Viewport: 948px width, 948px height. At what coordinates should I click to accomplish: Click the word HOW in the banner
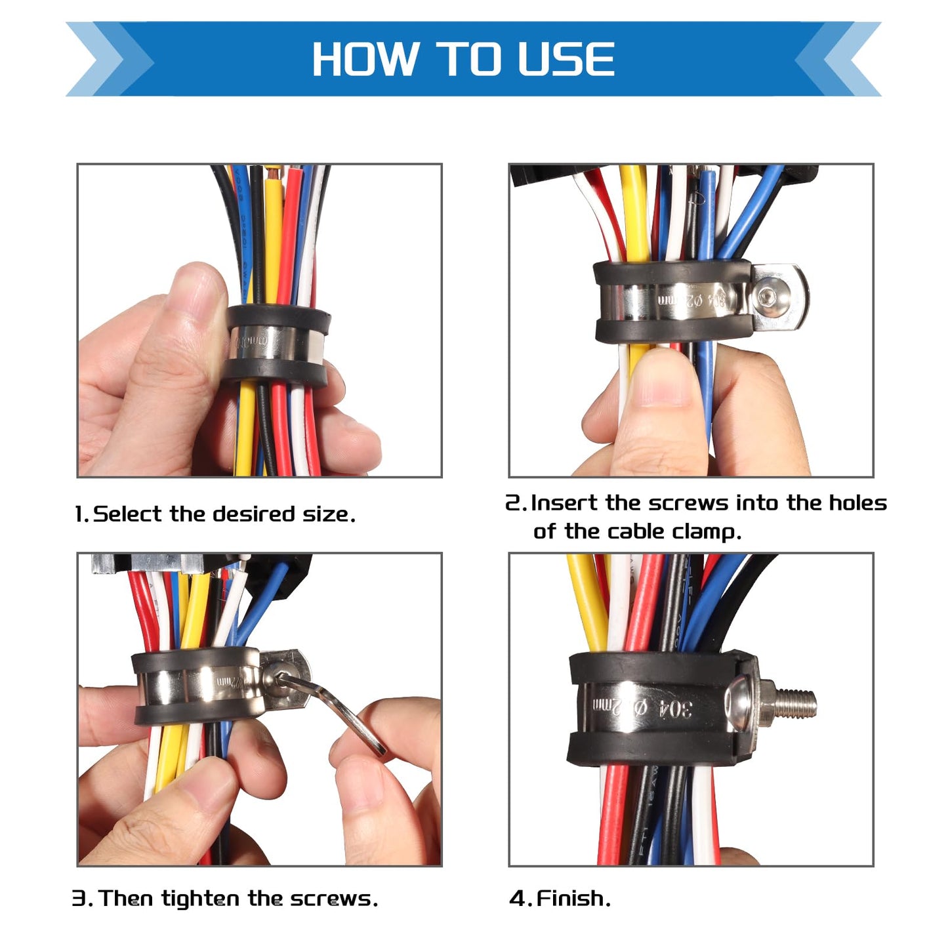(x=365, y=60)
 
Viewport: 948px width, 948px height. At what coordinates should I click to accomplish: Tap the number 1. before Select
(x=81, y=514)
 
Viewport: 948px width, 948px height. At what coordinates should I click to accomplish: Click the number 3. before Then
(x=81, y=898)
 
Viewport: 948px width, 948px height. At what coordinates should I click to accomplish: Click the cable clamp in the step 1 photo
(x=278, y=345)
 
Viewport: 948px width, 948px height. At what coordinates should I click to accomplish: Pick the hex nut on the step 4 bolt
(x=766, y=701)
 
